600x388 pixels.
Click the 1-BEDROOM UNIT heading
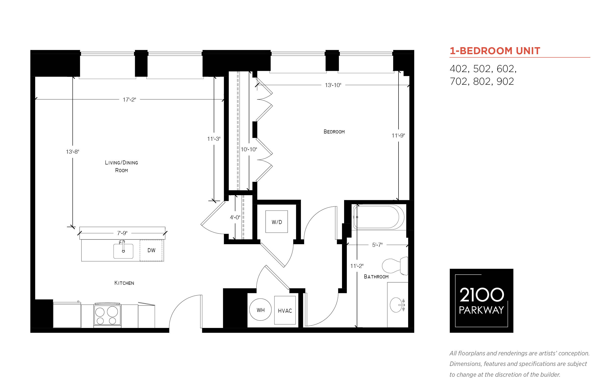(x=495, y=51)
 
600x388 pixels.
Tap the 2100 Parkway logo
(x=481, y=301)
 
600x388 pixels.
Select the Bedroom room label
(x=334, y=132)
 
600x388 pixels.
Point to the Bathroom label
(x=376, y=277)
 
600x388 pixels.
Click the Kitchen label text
(x=124, y=283)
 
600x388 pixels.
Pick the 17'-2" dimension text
(x=129, y=99)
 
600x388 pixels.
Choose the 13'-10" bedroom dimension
(x=333, y=85)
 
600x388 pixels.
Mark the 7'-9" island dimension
(x=122, y=233)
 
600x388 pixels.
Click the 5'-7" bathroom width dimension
(x=377, y=245)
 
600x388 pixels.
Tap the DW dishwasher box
(x=151, y=251)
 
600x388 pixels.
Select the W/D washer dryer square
(x=277, y=222)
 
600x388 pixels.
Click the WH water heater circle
(x=260, y=310)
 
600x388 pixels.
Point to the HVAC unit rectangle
(x=285, y=310)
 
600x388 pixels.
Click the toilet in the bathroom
(x=395, y=266)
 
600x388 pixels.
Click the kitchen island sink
(x=123, y=251)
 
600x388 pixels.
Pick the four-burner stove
(x=107, y=315)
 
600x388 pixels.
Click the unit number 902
(x=505, y=81)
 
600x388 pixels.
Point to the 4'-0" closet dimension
(x=235, y=217)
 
